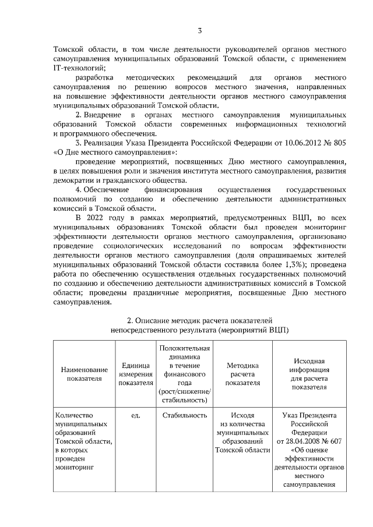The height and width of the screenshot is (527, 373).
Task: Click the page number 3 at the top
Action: point(199,30)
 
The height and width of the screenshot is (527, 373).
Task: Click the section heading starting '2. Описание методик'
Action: point(199,320)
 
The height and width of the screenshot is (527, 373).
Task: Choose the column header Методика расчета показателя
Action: point(242,373)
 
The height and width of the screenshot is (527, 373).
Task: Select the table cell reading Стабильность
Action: point(185,416)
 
